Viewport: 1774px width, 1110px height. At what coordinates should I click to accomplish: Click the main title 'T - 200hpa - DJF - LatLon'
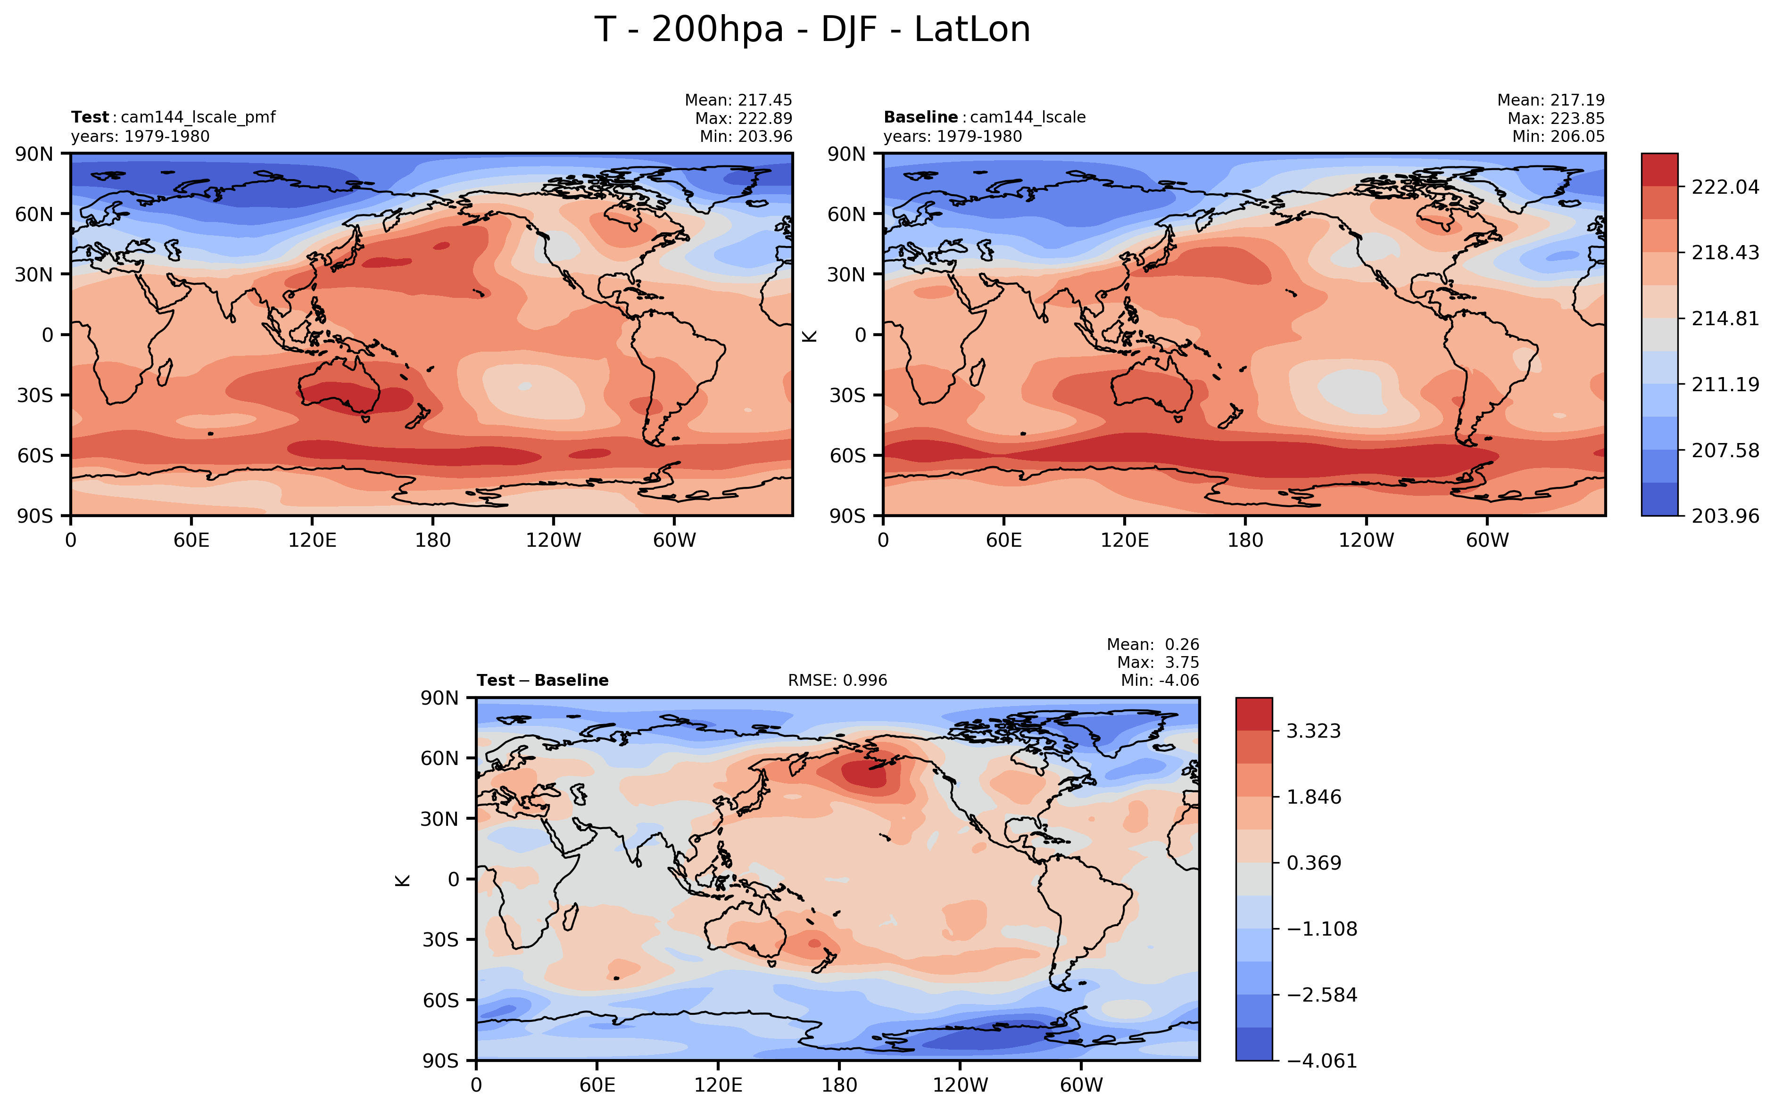click(x=812, y=30)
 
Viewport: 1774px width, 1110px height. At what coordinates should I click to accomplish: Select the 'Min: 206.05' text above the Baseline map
click(x=1558, y=137)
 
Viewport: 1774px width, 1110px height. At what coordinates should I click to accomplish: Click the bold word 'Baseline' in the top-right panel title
click(x=920, y=117)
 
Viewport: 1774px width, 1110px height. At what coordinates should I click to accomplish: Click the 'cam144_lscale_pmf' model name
click(x=198, y=117)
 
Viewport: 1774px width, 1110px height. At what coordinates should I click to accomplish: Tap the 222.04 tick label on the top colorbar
click(x=1725, y=187)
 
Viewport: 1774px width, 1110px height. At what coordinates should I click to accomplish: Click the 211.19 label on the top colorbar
click(x=1725, y=384)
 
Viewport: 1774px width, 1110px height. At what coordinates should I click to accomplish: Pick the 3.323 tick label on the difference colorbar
click(x=1314, y=731)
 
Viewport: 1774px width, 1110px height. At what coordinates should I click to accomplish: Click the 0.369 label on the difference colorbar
click(x=1314, y=863)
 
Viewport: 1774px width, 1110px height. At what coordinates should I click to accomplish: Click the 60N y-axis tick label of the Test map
click(x=34, y=214)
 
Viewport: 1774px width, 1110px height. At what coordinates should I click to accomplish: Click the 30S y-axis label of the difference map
click(x=440, y=940)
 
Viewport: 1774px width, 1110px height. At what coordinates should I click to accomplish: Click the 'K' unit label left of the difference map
click(x=402, y=880)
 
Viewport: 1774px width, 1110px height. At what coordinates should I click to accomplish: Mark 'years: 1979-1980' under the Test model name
click(x=140, y=137)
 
